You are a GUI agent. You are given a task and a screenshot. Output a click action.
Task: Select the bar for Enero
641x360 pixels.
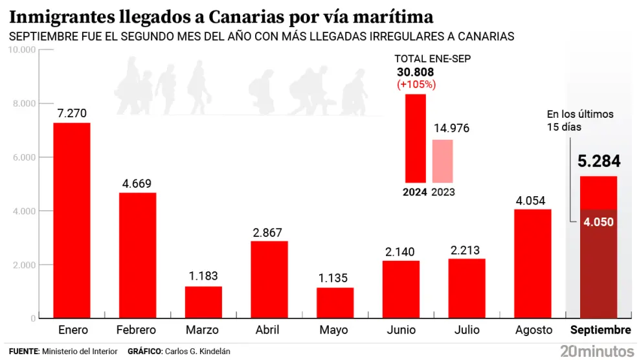[71, 220]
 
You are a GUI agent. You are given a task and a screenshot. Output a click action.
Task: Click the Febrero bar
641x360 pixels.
[137, 255]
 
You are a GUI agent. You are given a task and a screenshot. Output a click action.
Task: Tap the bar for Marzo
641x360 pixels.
[203, 302]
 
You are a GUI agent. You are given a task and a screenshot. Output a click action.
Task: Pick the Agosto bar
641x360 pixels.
[533, 264]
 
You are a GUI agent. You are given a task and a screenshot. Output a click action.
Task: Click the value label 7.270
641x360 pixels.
[71, 113]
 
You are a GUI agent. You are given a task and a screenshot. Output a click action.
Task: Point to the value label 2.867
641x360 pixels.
[269, 232]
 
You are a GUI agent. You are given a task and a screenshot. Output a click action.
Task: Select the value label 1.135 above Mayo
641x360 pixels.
[335, 279]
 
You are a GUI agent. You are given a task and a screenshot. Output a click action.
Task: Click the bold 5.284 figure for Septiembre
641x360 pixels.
[598, 161]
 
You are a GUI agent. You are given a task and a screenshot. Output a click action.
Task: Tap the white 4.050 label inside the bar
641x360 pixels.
[598, 222]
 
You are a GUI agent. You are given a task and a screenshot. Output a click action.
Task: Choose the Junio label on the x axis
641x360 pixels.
[401, 330]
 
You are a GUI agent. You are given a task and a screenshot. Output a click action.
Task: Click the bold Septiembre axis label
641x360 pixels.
[600, 330]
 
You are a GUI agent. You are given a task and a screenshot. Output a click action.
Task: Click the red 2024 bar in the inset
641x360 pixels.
[415, 138]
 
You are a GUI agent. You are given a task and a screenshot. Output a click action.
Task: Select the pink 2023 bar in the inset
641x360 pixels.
[442, 161]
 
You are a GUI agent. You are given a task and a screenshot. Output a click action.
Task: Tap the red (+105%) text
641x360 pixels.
[415, 84]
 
